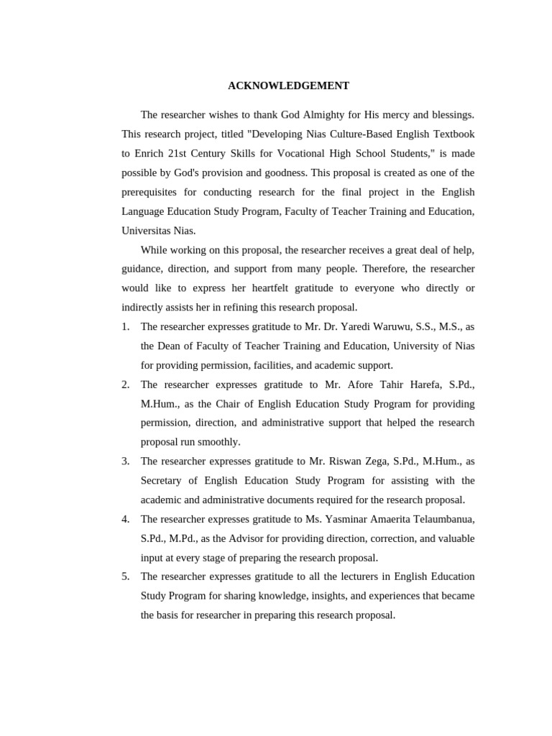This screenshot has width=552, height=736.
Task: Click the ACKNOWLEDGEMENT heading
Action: (288, 86)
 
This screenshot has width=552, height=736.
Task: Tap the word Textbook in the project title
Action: (453, 134)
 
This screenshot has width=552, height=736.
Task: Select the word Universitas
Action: (147, 231)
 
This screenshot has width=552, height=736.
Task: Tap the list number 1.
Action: (125, 326)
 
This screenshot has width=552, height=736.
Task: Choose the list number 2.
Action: (125, 385)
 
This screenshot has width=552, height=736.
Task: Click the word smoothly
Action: (217, 441)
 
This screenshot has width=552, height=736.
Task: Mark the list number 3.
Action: (125, 461)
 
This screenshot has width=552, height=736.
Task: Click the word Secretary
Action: (164, 480)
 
